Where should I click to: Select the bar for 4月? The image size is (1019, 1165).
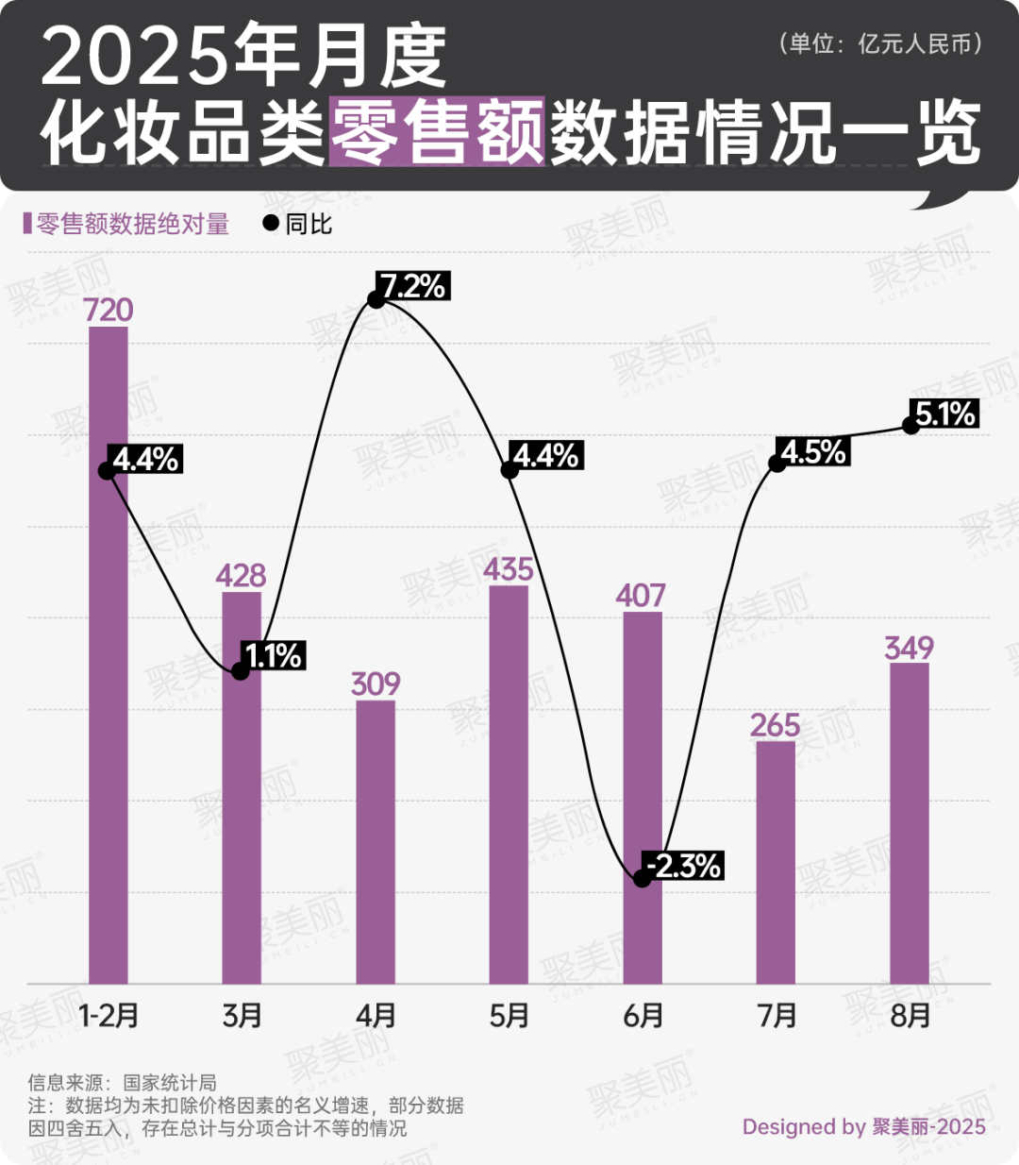[376, 841]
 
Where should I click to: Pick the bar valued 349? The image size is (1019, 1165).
[910, 822]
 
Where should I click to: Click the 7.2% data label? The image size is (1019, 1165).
[413, 285]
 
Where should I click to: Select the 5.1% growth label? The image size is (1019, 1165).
[944, 414]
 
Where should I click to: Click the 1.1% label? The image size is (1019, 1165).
[274, 655]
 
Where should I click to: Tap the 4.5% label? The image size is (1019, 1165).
[812, 452]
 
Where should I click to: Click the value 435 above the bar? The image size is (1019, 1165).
[509, 569]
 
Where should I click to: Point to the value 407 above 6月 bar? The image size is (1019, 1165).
[642, 596]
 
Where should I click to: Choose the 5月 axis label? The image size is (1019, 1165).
[509, 1016]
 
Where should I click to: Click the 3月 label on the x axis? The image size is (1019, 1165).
[242, 1016]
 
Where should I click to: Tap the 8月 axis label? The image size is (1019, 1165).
[910, 1016]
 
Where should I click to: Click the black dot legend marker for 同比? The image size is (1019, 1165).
[271, 224]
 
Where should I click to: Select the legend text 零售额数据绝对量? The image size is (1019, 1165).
[133, 224]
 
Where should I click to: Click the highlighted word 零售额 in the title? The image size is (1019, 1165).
[437, 132]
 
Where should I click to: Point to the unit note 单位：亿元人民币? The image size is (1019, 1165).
[881, 43]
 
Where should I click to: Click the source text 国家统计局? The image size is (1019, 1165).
[170, 1082]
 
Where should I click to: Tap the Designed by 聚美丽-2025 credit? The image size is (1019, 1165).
[863, 1126]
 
